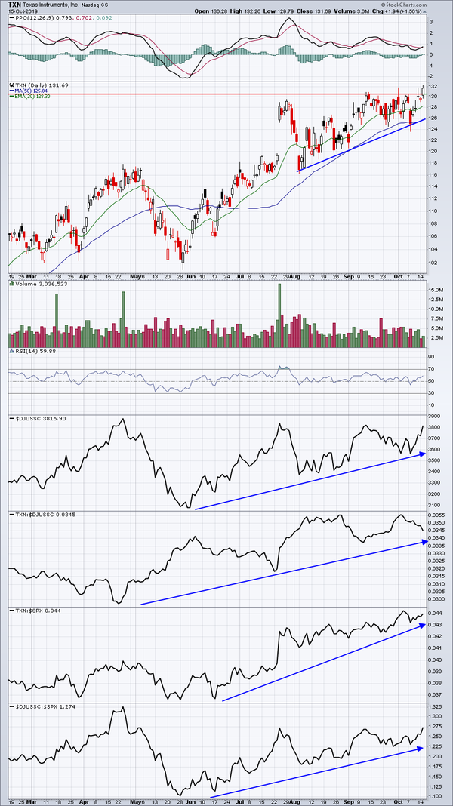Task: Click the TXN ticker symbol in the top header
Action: pos(15,5)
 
